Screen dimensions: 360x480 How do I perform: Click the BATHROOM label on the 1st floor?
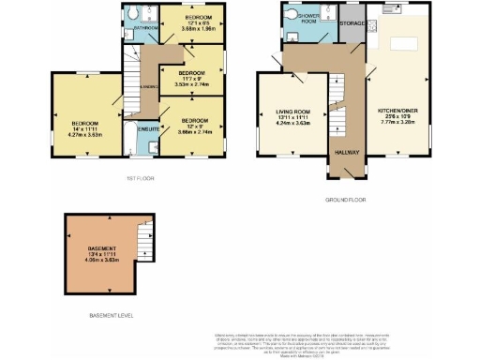pyautogui.click(x=143, y=28)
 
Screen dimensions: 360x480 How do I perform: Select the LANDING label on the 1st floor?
pyautogui.click(x=148, y=86)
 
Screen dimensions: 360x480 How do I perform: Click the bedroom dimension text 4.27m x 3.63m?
pyautogui.click(x=84, y=133)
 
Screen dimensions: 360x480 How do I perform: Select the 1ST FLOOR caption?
pyautogui.click(x=138, y=177)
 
